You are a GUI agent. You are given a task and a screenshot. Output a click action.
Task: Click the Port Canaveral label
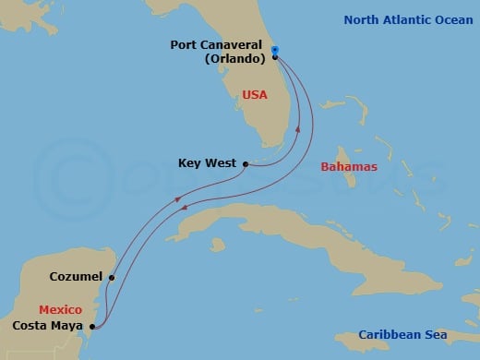coord(220,44)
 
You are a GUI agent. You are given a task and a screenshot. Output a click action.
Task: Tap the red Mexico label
coord(60,310)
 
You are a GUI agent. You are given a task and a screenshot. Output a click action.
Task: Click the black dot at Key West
coord(245,164)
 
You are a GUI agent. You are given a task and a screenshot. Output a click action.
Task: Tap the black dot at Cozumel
coord(111,277)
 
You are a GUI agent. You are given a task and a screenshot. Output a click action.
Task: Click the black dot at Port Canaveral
coord(275,57)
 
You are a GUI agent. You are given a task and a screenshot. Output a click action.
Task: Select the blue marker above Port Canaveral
coord(275,50)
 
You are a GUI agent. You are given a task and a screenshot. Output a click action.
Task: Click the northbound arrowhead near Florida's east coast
coord(297,130)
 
